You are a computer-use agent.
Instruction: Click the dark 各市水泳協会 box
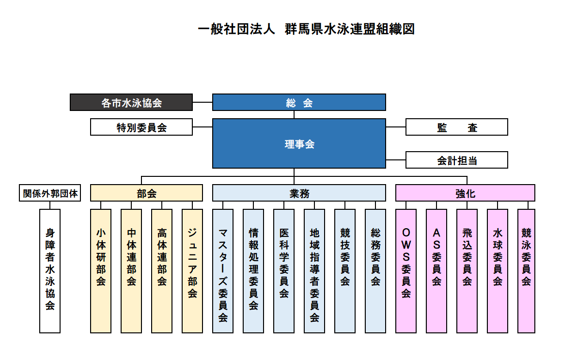(x=131, y=103)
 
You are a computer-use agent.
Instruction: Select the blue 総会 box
(x=299, y=103)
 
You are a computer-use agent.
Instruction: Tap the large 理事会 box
(x=299, y=144)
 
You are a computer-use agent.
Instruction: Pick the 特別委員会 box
(x=141, y=127)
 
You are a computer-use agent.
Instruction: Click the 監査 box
(x=456, y=127)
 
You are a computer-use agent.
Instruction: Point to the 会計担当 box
(x=456, y=160)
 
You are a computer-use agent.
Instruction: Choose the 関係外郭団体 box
(x=50, y=193)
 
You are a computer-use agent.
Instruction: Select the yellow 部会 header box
(x=146, y=193)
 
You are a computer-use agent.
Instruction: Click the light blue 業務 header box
(x=299, y=193)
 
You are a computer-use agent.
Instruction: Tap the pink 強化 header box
(x=465, y=193)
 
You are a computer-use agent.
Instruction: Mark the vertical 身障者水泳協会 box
(x=50, y=271)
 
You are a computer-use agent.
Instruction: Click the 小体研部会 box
(x=101, y=271)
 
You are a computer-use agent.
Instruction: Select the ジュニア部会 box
(x=192, y=271)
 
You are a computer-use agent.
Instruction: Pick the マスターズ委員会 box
(x=223, y=271)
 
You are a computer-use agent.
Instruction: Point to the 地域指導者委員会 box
(x=314, y=271)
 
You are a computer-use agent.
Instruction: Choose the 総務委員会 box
(x=375, y=271)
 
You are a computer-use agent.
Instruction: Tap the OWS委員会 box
(x=406, y=271)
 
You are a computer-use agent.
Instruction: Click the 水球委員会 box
(x=498, y=271)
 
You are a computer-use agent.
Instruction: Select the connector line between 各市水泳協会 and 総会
(x=203, y=102)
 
